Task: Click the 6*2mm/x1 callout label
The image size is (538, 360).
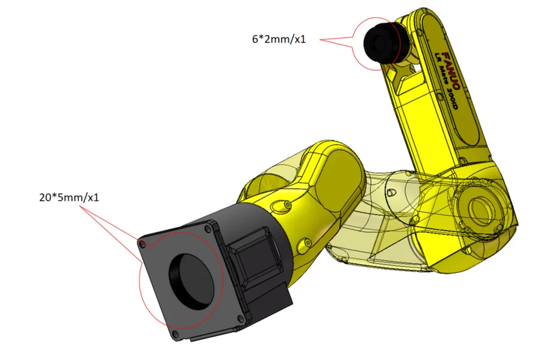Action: click(x=279, y=39)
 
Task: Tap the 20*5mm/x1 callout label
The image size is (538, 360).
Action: click(x=69, y=197)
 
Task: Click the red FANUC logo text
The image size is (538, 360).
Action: click(x=451, y=71)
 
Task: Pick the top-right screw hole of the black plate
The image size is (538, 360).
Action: click(x=207, y=229)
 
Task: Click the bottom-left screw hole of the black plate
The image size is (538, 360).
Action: click(x=175, y=334)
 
